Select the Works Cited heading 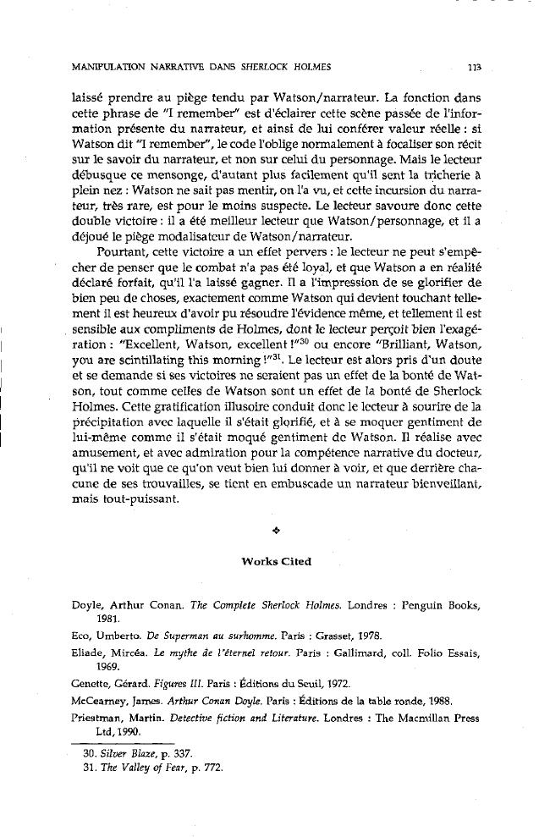click(x=275, y=562)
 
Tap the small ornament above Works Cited click(x=275, y=531)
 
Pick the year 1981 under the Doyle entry click(x=108, y=619)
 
